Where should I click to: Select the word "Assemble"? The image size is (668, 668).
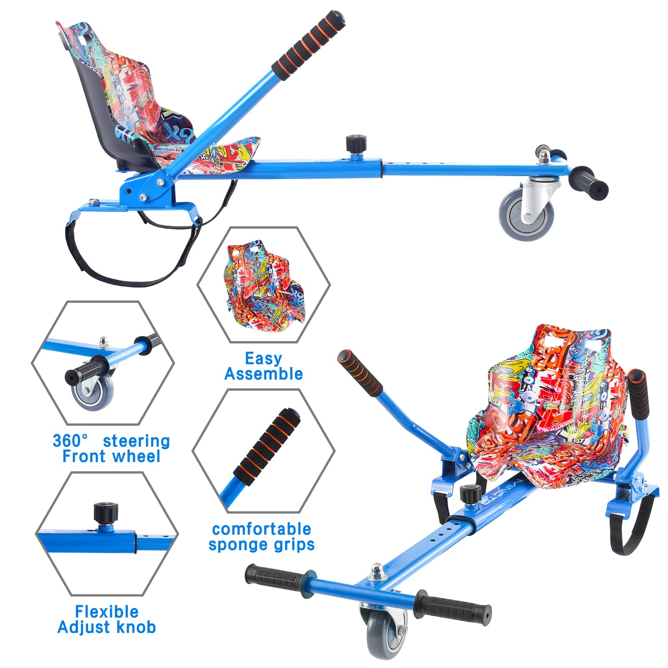coord(263,374)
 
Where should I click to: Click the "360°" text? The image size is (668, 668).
coord(70,440)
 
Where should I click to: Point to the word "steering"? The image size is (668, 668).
coord(137,441)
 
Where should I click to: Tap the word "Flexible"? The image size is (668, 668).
coord(107,612)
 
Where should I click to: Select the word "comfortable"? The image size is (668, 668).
coord(262,529)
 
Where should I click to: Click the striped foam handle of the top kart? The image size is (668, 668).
coord(309,45)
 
